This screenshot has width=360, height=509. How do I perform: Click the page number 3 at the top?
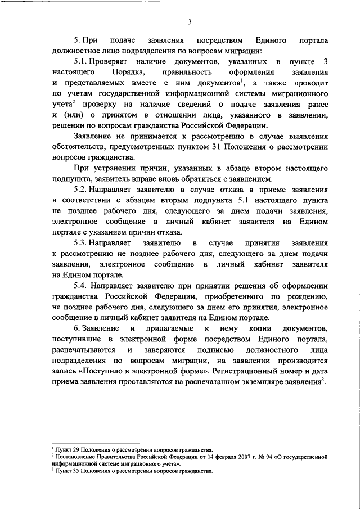click(x=190, y=22)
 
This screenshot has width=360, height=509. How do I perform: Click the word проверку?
click(x=96, y=105)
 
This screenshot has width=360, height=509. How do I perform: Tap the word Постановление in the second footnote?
click(x=73, y=457)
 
